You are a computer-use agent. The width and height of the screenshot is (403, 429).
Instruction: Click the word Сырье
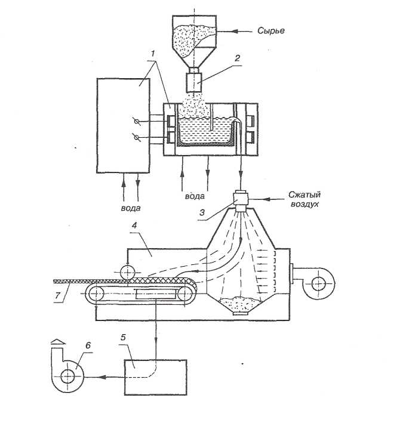[x=271, y=30]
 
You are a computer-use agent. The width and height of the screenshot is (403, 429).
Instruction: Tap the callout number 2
[x=237, y=58]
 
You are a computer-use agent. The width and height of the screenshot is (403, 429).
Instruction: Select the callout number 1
[x=153, y=53]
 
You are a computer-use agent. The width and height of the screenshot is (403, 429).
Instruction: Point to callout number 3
[x=202, y=212]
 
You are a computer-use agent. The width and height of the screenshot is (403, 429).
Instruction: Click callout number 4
[x=134, y=225]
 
